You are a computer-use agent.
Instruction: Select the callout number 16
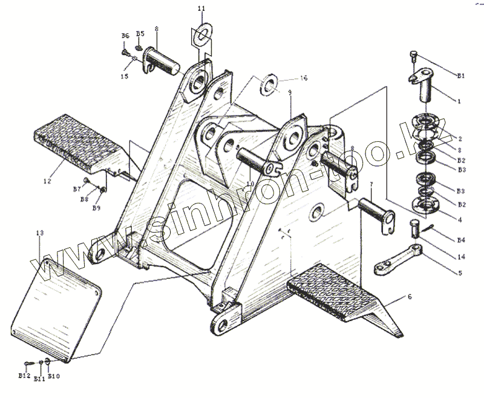304,79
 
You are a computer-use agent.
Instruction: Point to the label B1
460,76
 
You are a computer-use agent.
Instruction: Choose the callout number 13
39,233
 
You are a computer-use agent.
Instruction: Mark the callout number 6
410,297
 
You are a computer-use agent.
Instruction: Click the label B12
24,376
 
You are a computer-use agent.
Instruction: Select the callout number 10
249,184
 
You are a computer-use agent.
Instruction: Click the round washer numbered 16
267,84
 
